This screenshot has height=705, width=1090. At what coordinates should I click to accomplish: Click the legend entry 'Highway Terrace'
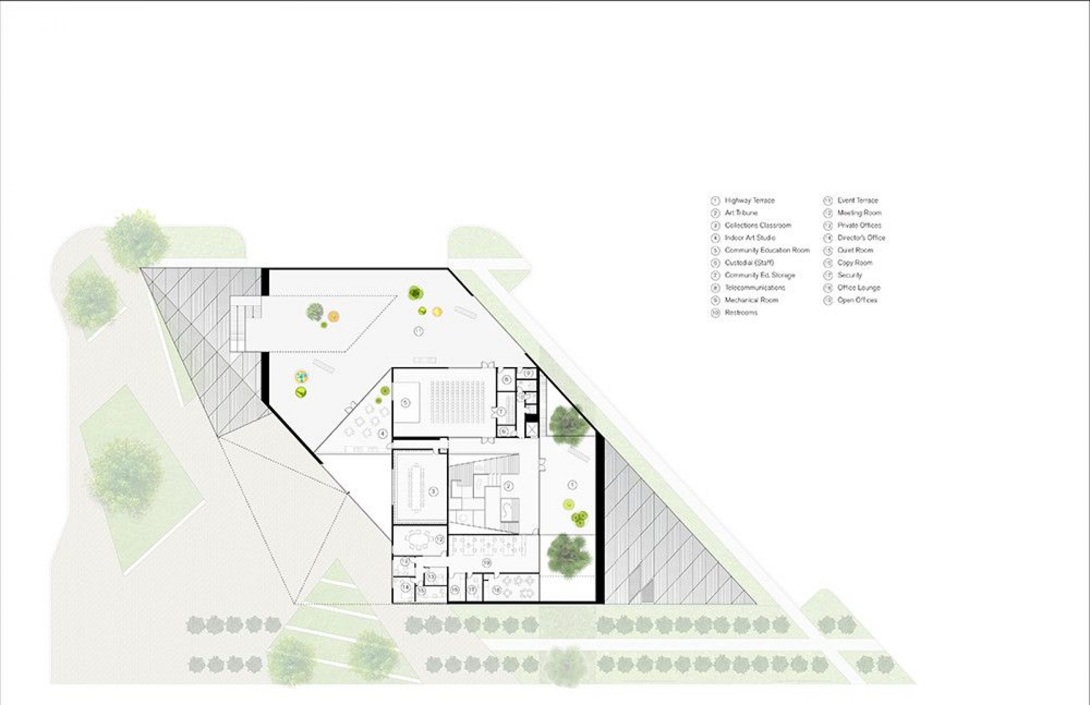(749, 201)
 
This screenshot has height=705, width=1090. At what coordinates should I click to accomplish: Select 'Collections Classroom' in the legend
(758, 225)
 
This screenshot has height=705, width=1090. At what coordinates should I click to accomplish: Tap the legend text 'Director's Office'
(861, 237)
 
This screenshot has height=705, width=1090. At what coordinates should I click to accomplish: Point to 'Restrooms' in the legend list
(741, 313)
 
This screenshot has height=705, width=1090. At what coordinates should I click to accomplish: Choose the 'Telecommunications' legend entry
(754, 287)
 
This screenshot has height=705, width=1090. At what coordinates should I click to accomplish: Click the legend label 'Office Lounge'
(859, 287)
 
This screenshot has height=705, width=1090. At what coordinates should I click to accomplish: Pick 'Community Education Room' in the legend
(767, 251)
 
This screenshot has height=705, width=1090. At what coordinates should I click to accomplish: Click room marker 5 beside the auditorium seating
(405, 403)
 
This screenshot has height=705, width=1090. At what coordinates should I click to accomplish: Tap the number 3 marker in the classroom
(433, 491)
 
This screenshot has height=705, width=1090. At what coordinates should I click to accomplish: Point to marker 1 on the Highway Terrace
(571, 485)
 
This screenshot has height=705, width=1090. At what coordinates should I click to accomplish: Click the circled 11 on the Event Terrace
(418, 331)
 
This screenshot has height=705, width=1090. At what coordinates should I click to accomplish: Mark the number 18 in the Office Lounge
(496, 591)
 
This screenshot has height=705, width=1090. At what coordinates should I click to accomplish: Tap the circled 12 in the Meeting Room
(440, 540)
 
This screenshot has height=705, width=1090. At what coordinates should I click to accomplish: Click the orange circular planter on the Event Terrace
(334, 316)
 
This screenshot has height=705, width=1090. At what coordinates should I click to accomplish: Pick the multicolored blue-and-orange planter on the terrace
(301, 377)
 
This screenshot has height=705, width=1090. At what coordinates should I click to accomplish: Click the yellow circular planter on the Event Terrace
(437, 312)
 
